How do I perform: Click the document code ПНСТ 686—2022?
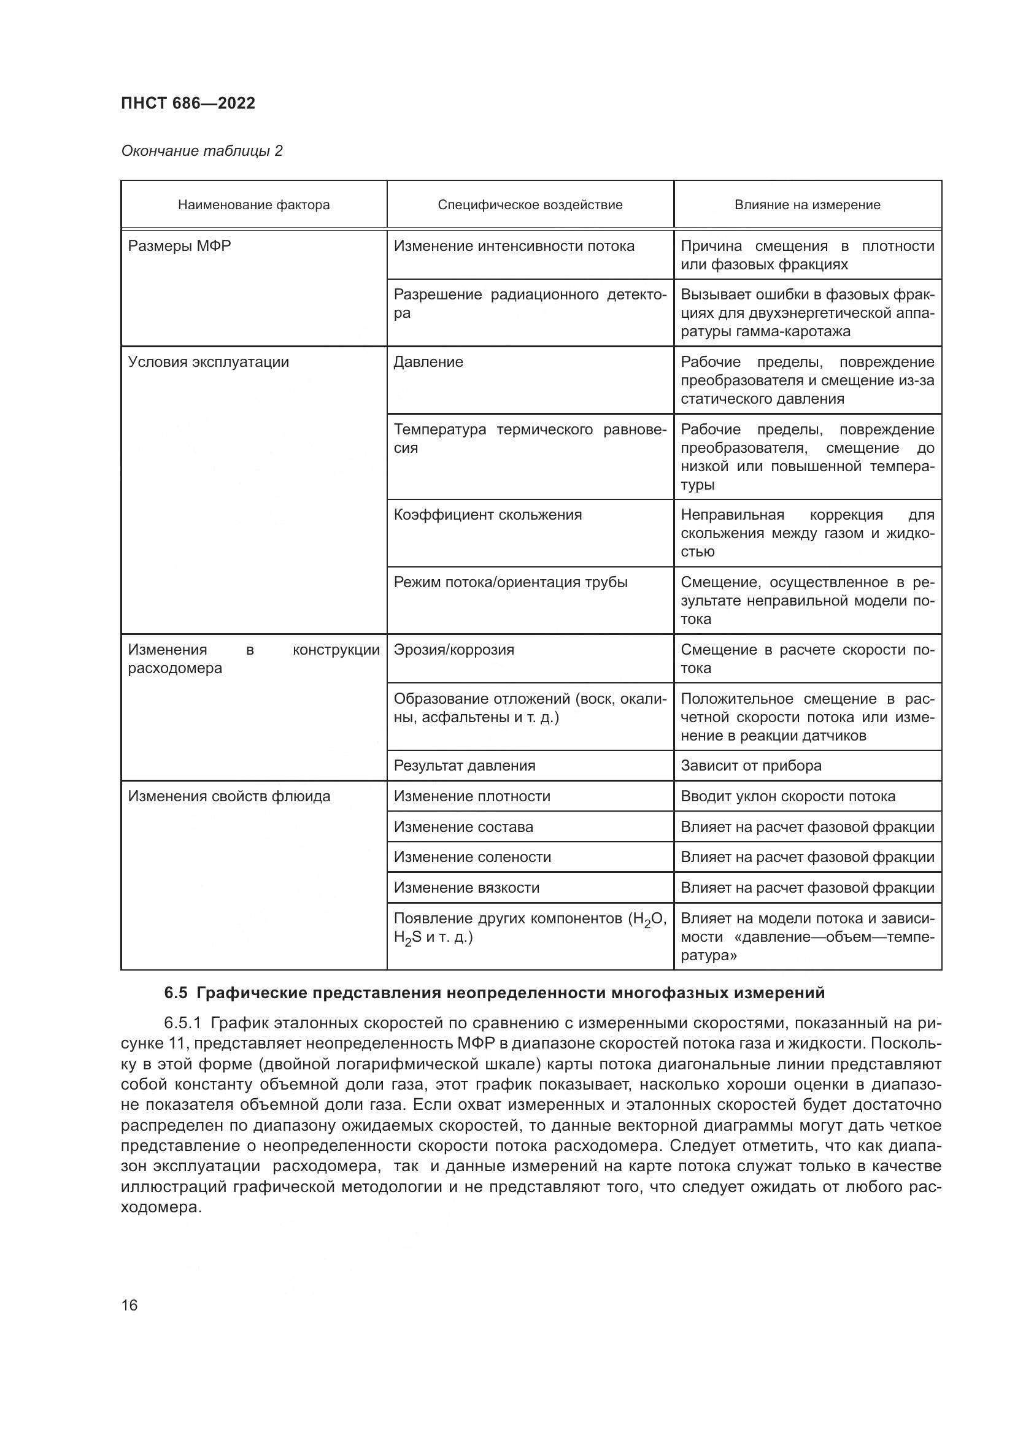pyautogui.click(x=188, y=103)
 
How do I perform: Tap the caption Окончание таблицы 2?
pyautogui.click(x=202, y=152)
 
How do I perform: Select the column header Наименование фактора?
pyautogui.click(x=254, y=205)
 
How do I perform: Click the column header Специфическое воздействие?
pyautogui.click(x=530, y=205)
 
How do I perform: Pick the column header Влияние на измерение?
pyautogui.click(x=807, y=205)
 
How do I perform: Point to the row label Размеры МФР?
pyautogui.click(x=179, y=246)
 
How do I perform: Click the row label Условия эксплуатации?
pyautogui.click(x=209, y=363)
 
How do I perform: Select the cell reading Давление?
pyautogui.click(x=429, y=363)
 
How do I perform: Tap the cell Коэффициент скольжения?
pyautogui.click(x=487, y=515)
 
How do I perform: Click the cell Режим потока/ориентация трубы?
pyautogui.click(x=511, y=582)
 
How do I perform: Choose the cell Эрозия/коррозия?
pyautogui.click(x=453, y=650)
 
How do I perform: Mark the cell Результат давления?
pyautogui.click(x=465, y=766)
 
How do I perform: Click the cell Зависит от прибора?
pyautogui.click(x=751, y=766)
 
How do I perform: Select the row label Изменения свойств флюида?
pyautogui.click(x=230, y=797)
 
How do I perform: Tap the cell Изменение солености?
pyautogui.click(x=473, y=858)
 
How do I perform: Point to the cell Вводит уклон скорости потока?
pyautogui.click(x=787, y=797)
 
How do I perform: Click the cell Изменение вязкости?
pyautogui.click(x=466, y=888)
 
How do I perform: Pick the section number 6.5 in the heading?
pyautogui.click(x=176, y=993)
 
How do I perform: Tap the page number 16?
pyautogui.click(x=129, y=1306)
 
